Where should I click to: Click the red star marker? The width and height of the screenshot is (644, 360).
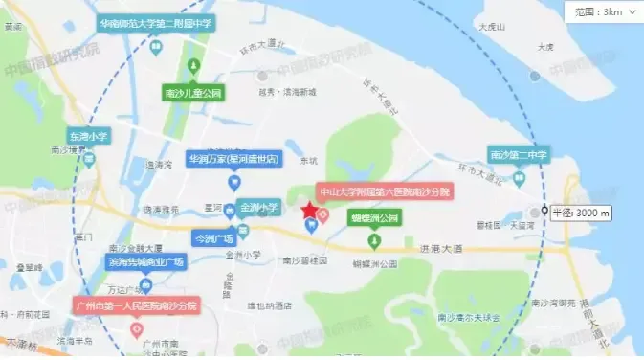click(309, 211)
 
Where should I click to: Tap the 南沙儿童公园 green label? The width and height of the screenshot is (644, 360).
click(192, 93)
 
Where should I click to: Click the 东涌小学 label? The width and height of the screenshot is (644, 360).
click(88, 137)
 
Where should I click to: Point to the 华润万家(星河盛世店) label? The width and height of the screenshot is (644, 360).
click(233, 158)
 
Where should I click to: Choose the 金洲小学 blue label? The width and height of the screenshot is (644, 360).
click(259, 207)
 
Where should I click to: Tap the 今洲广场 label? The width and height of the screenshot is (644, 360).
click(214, 236)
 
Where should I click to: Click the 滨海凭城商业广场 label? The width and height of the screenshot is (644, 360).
click(145, 260)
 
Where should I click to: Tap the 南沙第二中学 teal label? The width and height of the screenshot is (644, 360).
click(519, 153)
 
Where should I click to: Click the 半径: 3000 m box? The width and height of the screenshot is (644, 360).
click(581, 212)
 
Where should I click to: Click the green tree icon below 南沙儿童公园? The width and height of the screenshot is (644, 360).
click(192, 67)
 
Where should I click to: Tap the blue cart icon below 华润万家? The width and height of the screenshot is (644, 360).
click(233, 182)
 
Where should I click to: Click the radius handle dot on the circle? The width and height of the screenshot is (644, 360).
click(544, 212)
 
